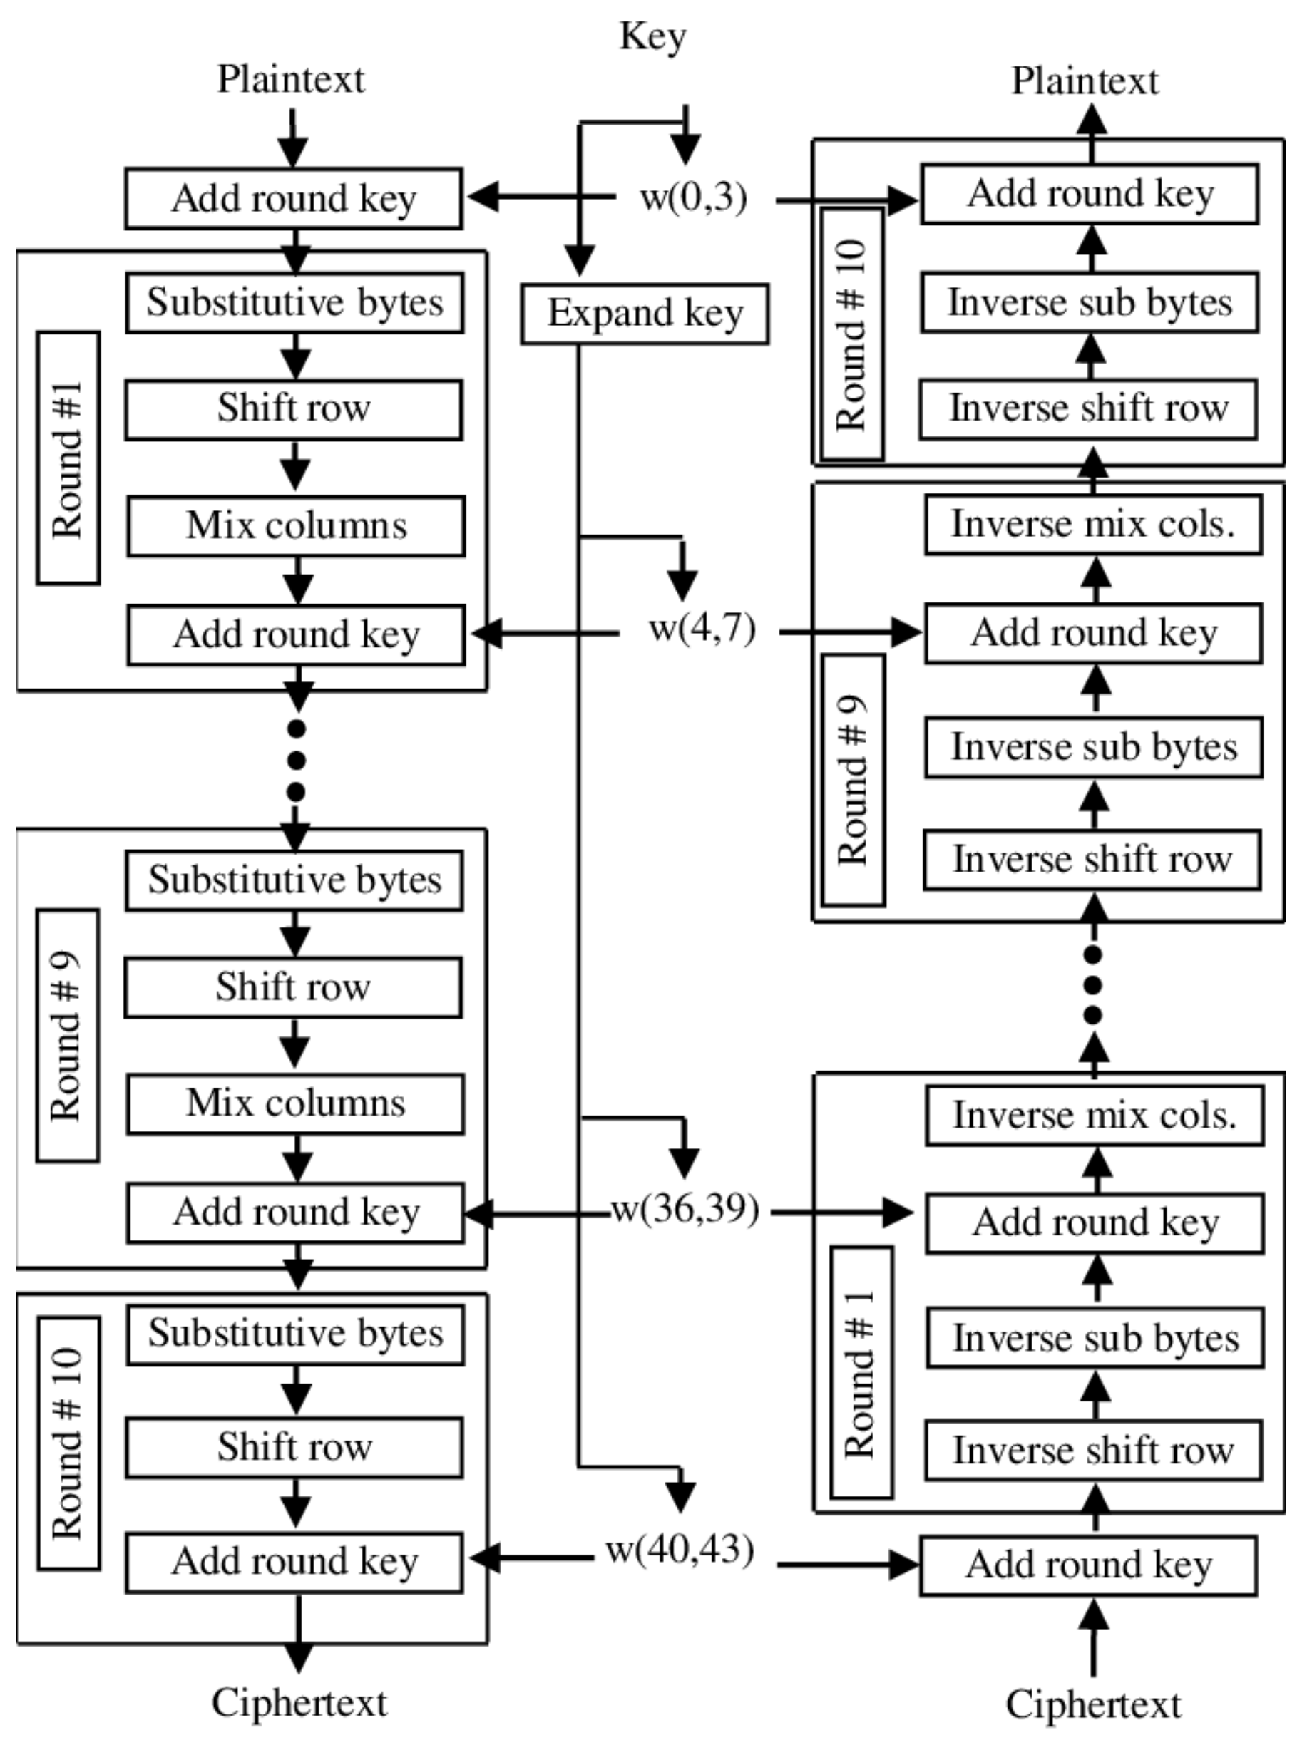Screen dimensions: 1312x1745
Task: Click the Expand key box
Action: click(645, 314)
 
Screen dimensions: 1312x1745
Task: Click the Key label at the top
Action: click(652, 37)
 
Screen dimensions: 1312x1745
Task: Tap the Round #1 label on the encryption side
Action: click(68, 458)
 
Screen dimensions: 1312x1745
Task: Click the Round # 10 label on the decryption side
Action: click(852, 334)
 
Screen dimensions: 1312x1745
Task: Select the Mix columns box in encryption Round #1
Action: click(296, 526)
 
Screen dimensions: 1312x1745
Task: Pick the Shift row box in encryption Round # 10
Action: click(294, 1447)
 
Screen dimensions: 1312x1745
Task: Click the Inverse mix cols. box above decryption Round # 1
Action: click(1095, 1115)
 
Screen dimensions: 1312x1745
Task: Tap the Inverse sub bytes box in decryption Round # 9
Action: click(1094, 747)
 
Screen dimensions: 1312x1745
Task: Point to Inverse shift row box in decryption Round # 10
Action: click(1089, 408)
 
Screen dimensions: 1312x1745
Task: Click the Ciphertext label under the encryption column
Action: click(299, 1702)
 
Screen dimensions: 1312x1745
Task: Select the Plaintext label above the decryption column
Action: click(1085, 81)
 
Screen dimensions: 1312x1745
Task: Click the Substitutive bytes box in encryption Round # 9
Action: click(294, 880)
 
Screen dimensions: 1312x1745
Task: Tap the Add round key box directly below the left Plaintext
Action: click(294, 198)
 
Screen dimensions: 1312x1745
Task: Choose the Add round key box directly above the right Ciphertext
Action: click(1089, 1565)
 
